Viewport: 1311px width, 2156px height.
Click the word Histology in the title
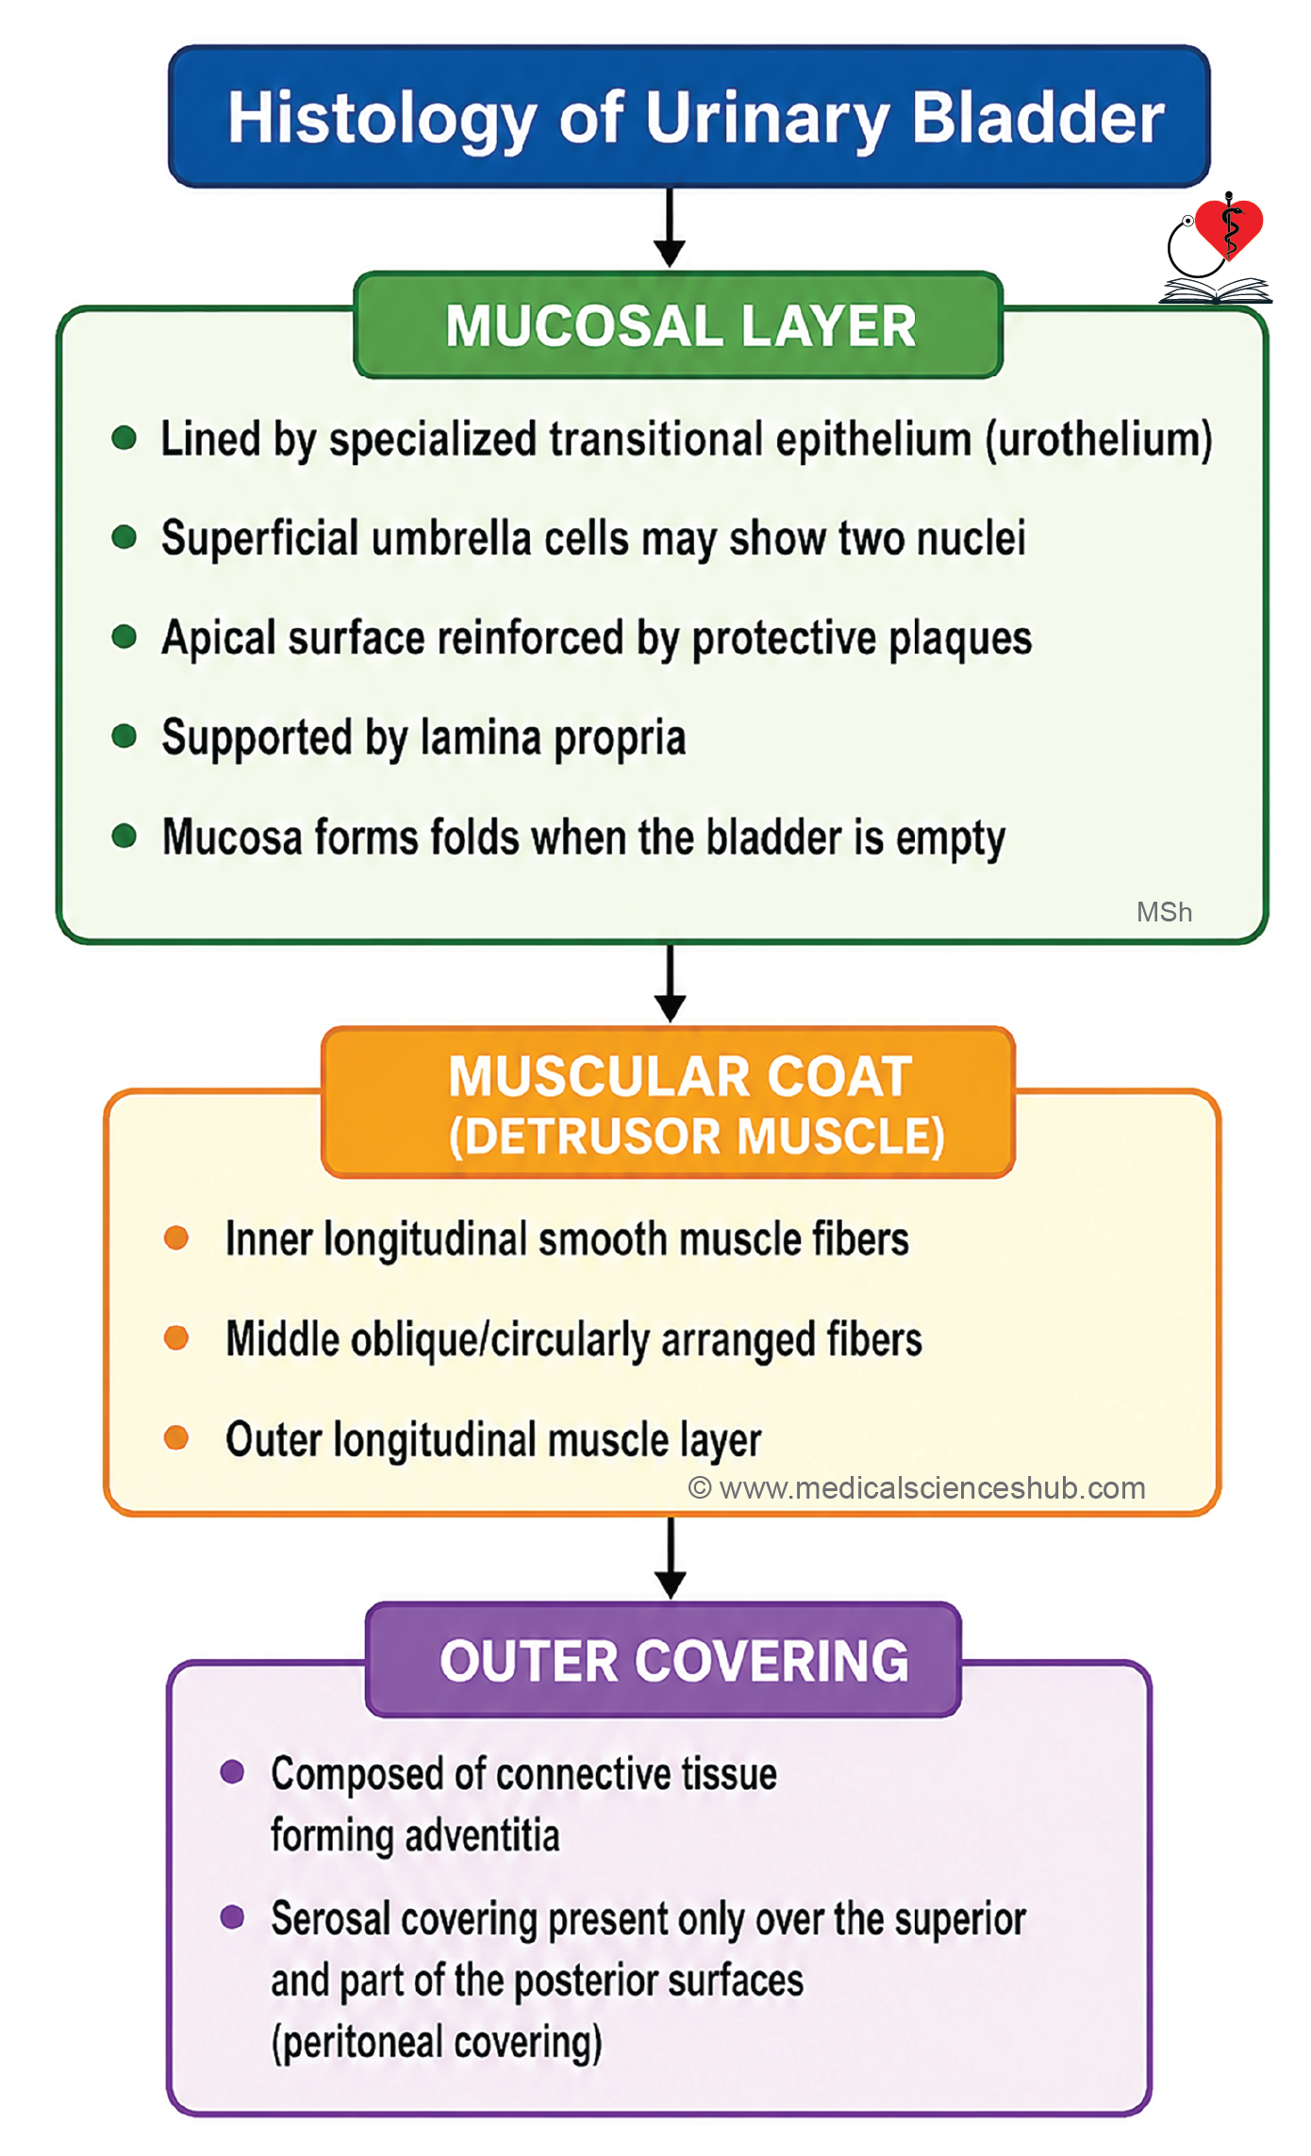(382, 119)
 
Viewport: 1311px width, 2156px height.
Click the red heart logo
(1228, 228)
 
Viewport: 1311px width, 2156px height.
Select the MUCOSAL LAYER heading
(680, 326)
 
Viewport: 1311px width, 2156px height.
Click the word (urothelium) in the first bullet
(1099, 440)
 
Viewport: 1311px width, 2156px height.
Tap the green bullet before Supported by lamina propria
(124, 736)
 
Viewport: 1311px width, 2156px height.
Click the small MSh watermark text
(1164, 912)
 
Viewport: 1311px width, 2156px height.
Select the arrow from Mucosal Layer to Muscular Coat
(670, 983)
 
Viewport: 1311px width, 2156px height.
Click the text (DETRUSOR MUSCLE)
(696, 1136)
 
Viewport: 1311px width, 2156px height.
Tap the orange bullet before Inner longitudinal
(176, 1237)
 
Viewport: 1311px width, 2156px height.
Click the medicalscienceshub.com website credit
(917, 1488)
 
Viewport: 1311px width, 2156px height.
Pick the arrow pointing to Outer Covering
(670, 1557)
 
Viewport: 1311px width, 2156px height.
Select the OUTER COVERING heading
(673, 1661)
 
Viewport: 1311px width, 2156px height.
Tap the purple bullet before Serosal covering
(232, 1917)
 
